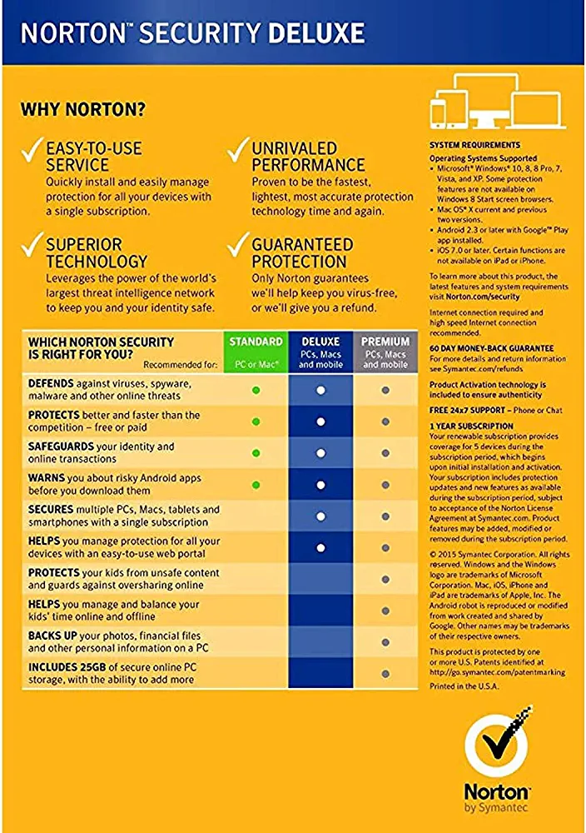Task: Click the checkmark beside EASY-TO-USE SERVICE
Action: point(32,150)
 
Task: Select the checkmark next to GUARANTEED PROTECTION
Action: point(239,245)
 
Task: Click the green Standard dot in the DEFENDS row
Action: point(256,390)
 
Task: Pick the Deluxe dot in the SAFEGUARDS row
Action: point(320,453)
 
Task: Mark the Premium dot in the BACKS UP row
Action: point(385,642)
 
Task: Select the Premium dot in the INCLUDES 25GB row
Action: point(385,674)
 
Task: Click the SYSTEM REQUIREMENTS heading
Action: point(474,145)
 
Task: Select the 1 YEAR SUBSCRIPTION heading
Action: point(471,426)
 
